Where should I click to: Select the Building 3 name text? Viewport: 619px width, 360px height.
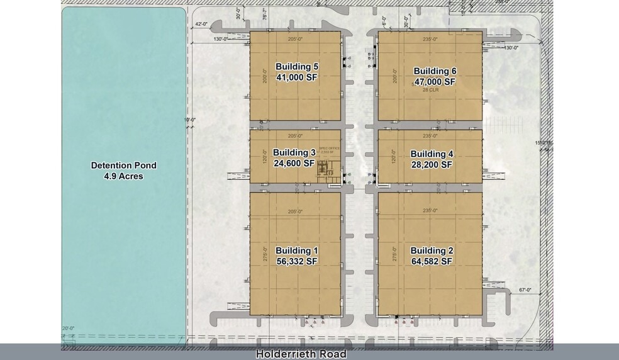294,153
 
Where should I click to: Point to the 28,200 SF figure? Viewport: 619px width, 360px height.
432,164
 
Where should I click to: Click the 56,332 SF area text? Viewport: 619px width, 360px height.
297,261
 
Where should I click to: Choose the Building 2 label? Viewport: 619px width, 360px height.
432,250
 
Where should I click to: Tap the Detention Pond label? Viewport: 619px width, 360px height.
124,166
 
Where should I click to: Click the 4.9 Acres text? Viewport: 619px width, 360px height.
124,176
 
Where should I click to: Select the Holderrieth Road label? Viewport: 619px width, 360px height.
301,354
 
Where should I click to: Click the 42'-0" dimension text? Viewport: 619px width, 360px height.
202,24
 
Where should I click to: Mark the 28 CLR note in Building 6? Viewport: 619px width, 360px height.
430,90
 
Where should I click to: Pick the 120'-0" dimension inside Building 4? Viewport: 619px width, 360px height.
394,156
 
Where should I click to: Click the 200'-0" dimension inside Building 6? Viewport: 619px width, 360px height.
395,76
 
